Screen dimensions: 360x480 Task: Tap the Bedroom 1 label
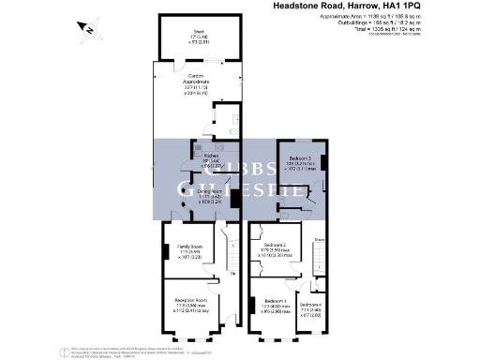pos(277,302)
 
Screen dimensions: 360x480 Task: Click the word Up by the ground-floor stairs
pos(232,275)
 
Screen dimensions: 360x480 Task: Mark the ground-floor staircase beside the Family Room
pos(232,251)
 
